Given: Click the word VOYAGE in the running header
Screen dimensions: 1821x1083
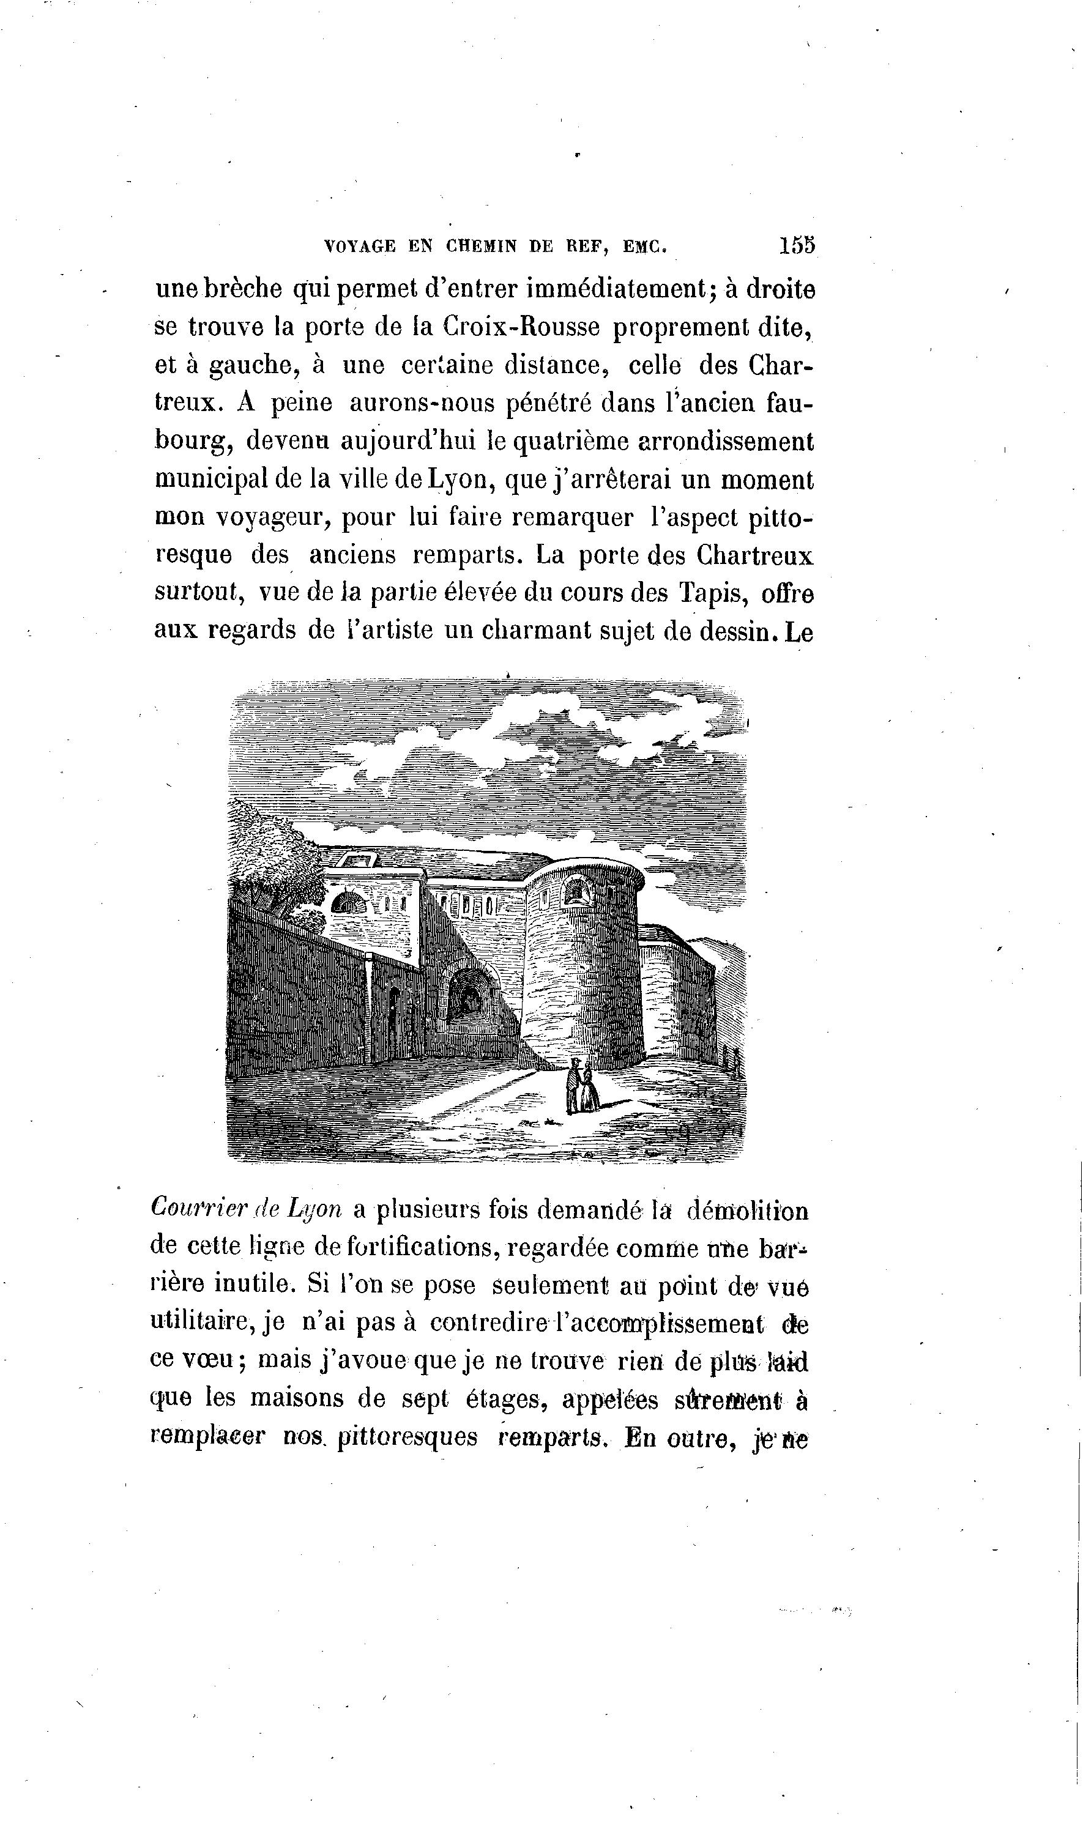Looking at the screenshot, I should (360, 247).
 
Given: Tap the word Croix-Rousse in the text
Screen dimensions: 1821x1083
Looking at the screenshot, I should (521, 328).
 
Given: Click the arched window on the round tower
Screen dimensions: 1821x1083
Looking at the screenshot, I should (576, 891).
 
